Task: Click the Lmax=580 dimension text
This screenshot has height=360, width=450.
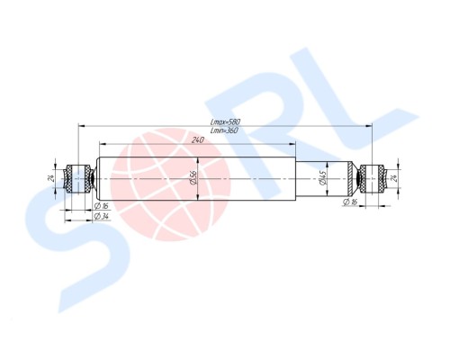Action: coord(224,121)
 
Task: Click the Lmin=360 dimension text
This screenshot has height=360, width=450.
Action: coord(224,131)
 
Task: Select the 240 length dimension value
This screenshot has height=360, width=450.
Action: coord(197,139)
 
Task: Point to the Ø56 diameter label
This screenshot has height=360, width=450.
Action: coord(195,180)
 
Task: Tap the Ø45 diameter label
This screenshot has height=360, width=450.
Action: coord(322,180)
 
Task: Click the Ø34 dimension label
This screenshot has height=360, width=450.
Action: coord(102,217)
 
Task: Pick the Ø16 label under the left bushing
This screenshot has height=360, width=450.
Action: coord(102,205)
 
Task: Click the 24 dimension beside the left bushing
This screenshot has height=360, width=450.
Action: coord(51,177)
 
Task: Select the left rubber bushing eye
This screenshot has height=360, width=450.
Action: coord(77,178)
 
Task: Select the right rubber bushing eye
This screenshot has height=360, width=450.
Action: coord(371,178)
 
